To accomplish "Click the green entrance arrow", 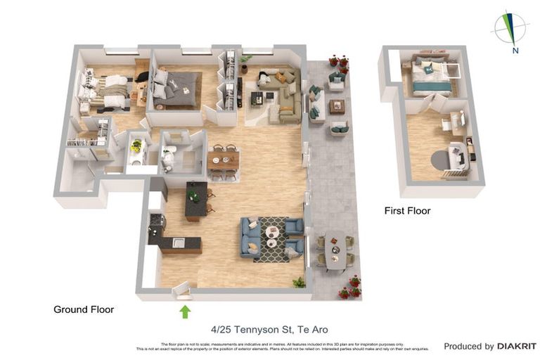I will pos(185,311).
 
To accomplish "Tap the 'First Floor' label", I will pos(407,210).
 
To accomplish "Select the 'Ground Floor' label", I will pos(84,309).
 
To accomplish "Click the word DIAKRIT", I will pos(517,346).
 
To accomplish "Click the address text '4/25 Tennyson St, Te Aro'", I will pos(269,329).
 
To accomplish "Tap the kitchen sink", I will pos(179,243).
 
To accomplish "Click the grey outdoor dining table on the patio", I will pos(335,250).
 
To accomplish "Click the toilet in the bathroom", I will pos(169,161).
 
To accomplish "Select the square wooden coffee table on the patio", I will pos(337,106).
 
